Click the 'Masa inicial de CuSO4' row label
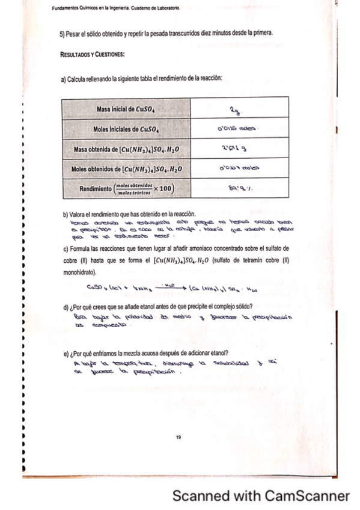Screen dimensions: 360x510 (126, 109)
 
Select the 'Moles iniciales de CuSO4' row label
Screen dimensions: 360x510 (126, 129)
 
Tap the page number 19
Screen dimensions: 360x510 (178, 437)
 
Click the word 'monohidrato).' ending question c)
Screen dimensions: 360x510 (83, 272)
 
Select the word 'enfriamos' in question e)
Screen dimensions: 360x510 (105, 353)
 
